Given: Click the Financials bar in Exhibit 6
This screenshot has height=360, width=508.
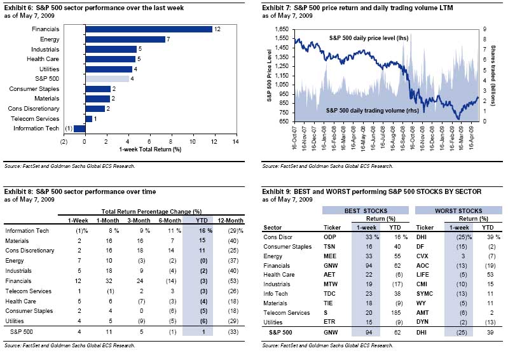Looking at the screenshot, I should pyautogui.click(x=149, y=29).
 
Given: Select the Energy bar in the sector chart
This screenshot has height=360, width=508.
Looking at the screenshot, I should pyautogui.click(x=125, y=39).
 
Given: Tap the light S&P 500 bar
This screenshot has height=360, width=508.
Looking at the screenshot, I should pyautogui.click(x=107, y=79).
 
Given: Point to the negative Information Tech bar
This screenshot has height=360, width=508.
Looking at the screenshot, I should pyautogui.click(x=79, y=128).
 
